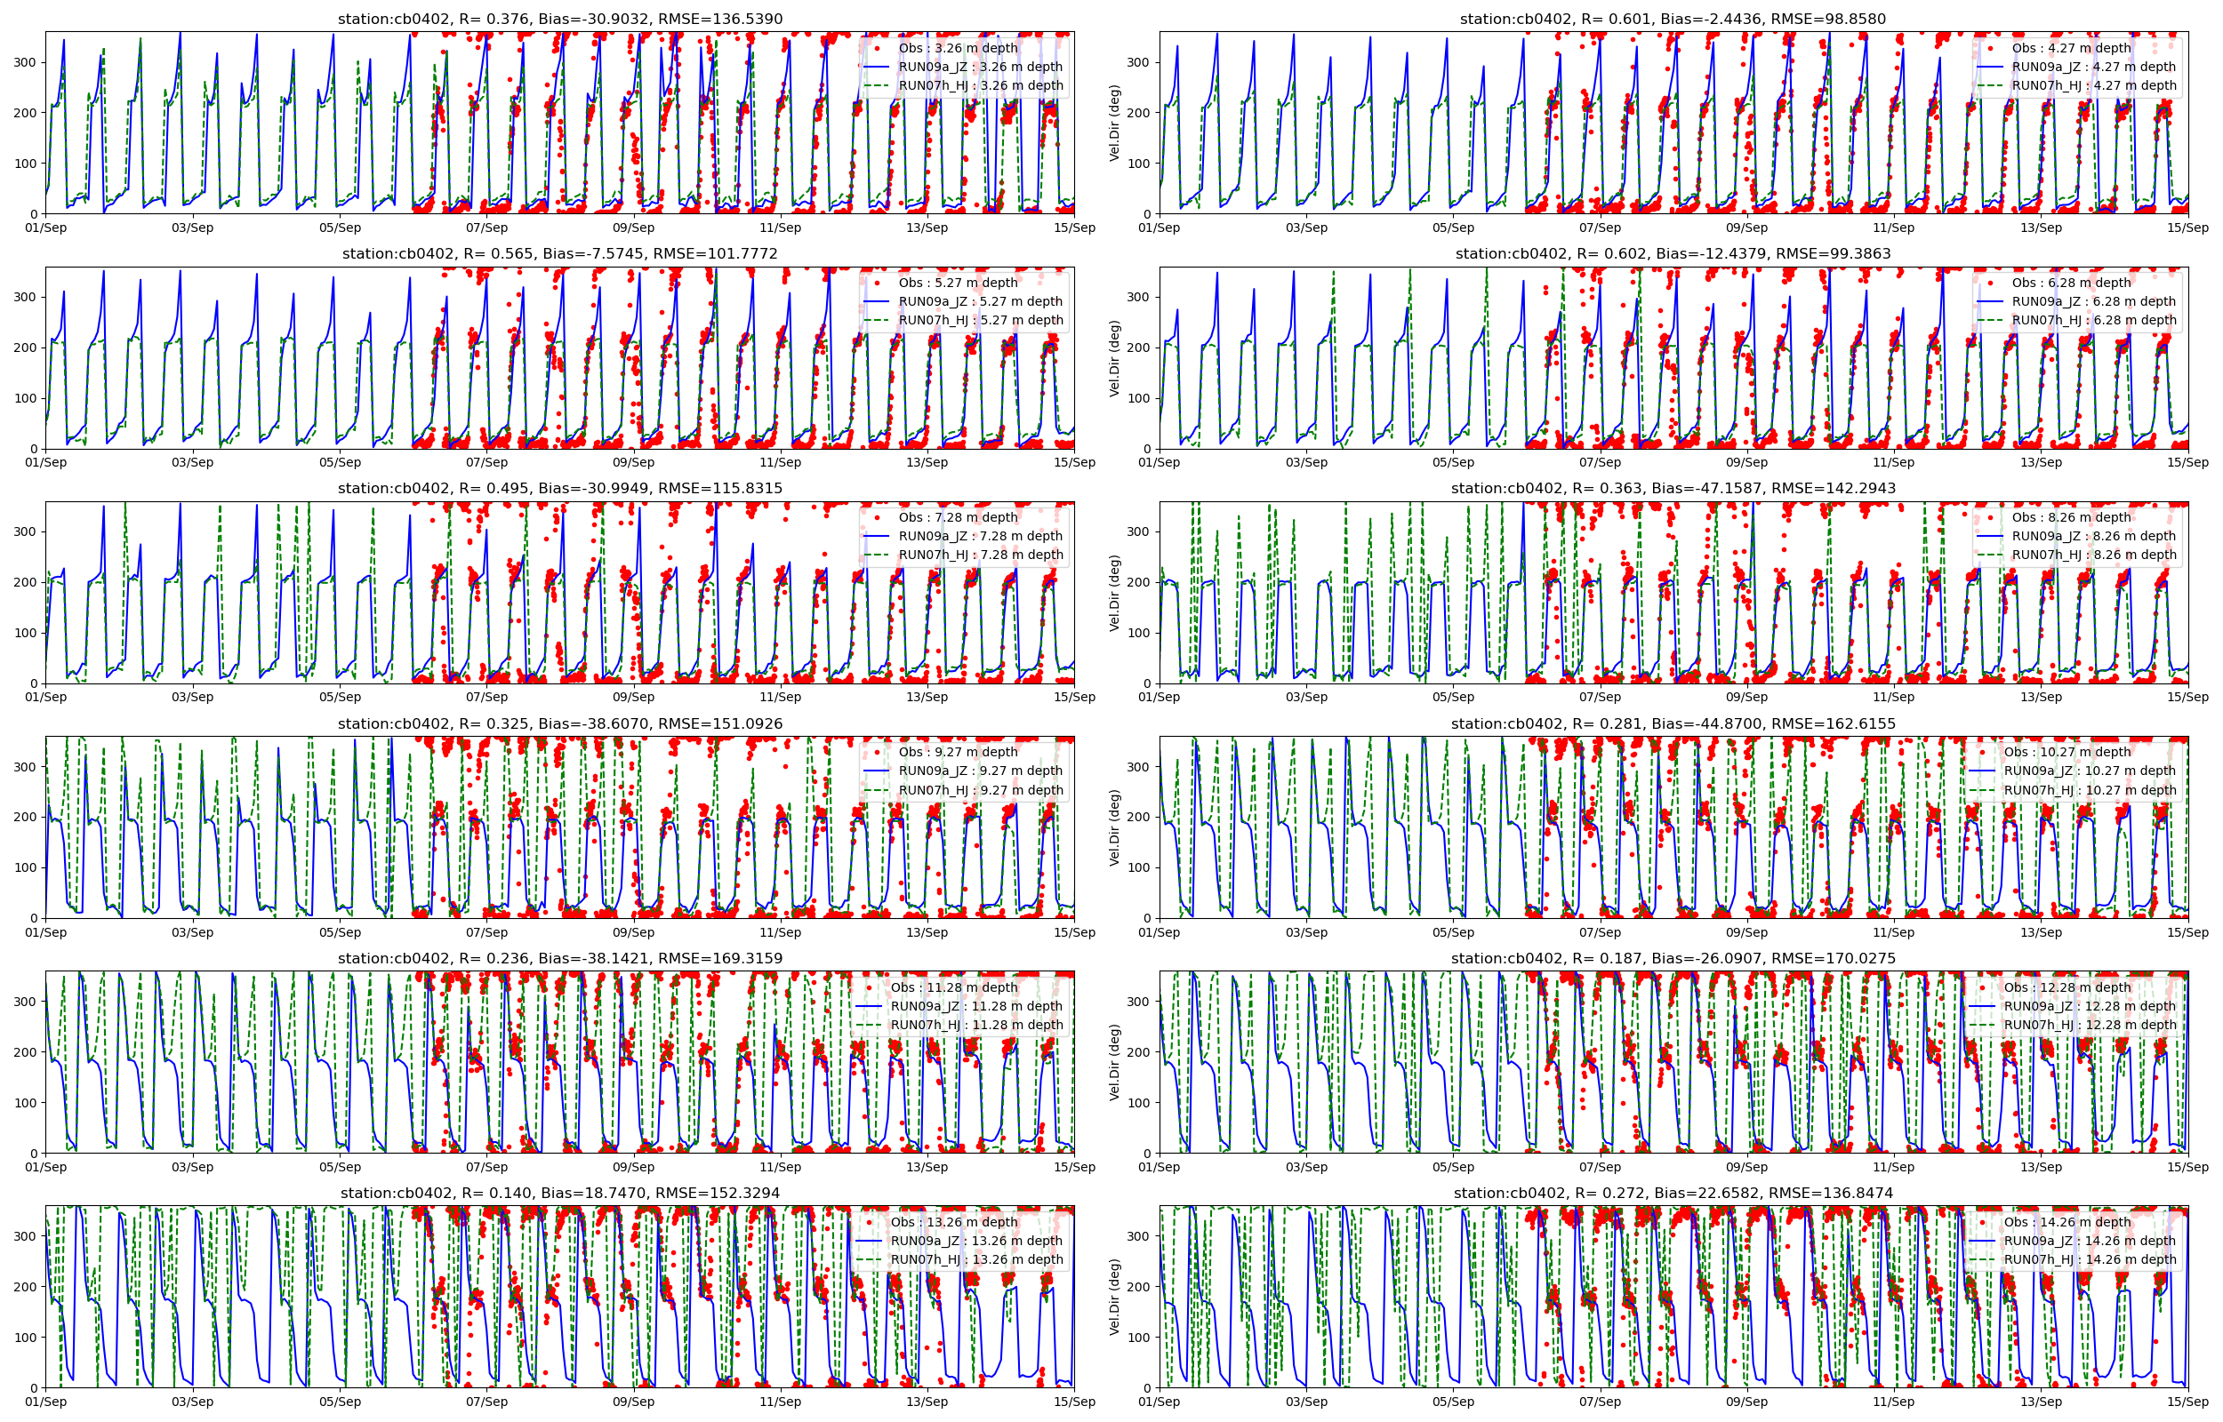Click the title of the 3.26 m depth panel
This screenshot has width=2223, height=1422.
[x=559, y=19]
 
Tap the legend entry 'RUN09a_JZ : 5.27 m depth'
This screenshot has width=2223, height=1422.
[x=980, y=301]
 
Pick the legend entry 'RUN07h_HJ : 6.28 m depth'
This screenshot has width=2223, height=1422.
[x=2094, y=321]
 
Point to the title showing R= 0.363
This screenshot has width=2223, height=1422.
[x=1673, y=489]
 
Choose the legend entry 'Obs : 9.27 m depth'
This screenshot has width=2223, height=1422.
[x=958, y=752]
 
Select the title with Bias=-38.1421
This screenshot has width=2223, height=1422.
[x=559, y=958]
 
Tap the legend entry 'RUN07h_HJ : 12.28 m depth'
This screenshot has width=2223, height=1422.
[x=2089, y=1024]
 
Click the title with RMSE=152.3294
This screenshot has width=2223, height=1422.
[x=559, y=1193]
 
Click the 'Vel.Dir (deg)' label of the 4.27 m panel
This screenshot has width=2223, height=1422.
[x=1115, y=123]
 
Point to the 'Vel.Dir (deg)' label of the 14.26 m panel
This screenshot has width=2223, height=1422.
[x=1115, y=1297]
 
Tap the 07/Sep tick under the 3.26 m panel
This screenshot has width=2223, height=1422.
[x=486, y=228]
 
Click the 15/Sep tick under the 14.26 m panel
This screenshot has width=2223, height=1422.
[x=2187, y=1402]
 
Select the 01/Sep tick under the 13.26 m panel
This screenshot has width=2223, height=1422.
[x=46, y=1402]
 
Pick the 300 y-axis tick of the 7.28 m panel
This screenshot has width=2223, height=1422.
[x=26, y=531]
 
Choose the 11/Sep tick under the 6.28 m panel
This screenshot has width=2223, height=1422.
[x=1893, y=463]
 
